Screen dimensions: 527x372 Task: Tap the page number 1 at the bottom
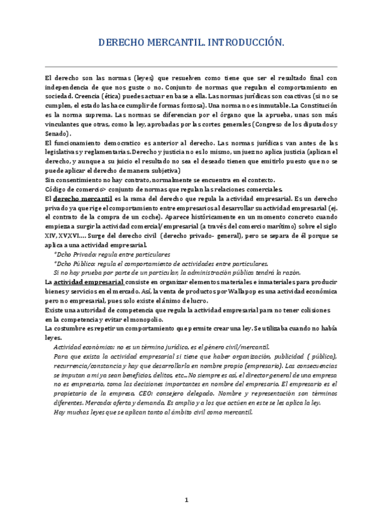click(185, 500)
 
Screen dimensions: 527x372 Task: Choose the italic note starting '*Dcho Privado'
click(112, 254)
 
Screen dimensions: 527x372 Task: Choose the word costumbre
click(73, 328)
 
